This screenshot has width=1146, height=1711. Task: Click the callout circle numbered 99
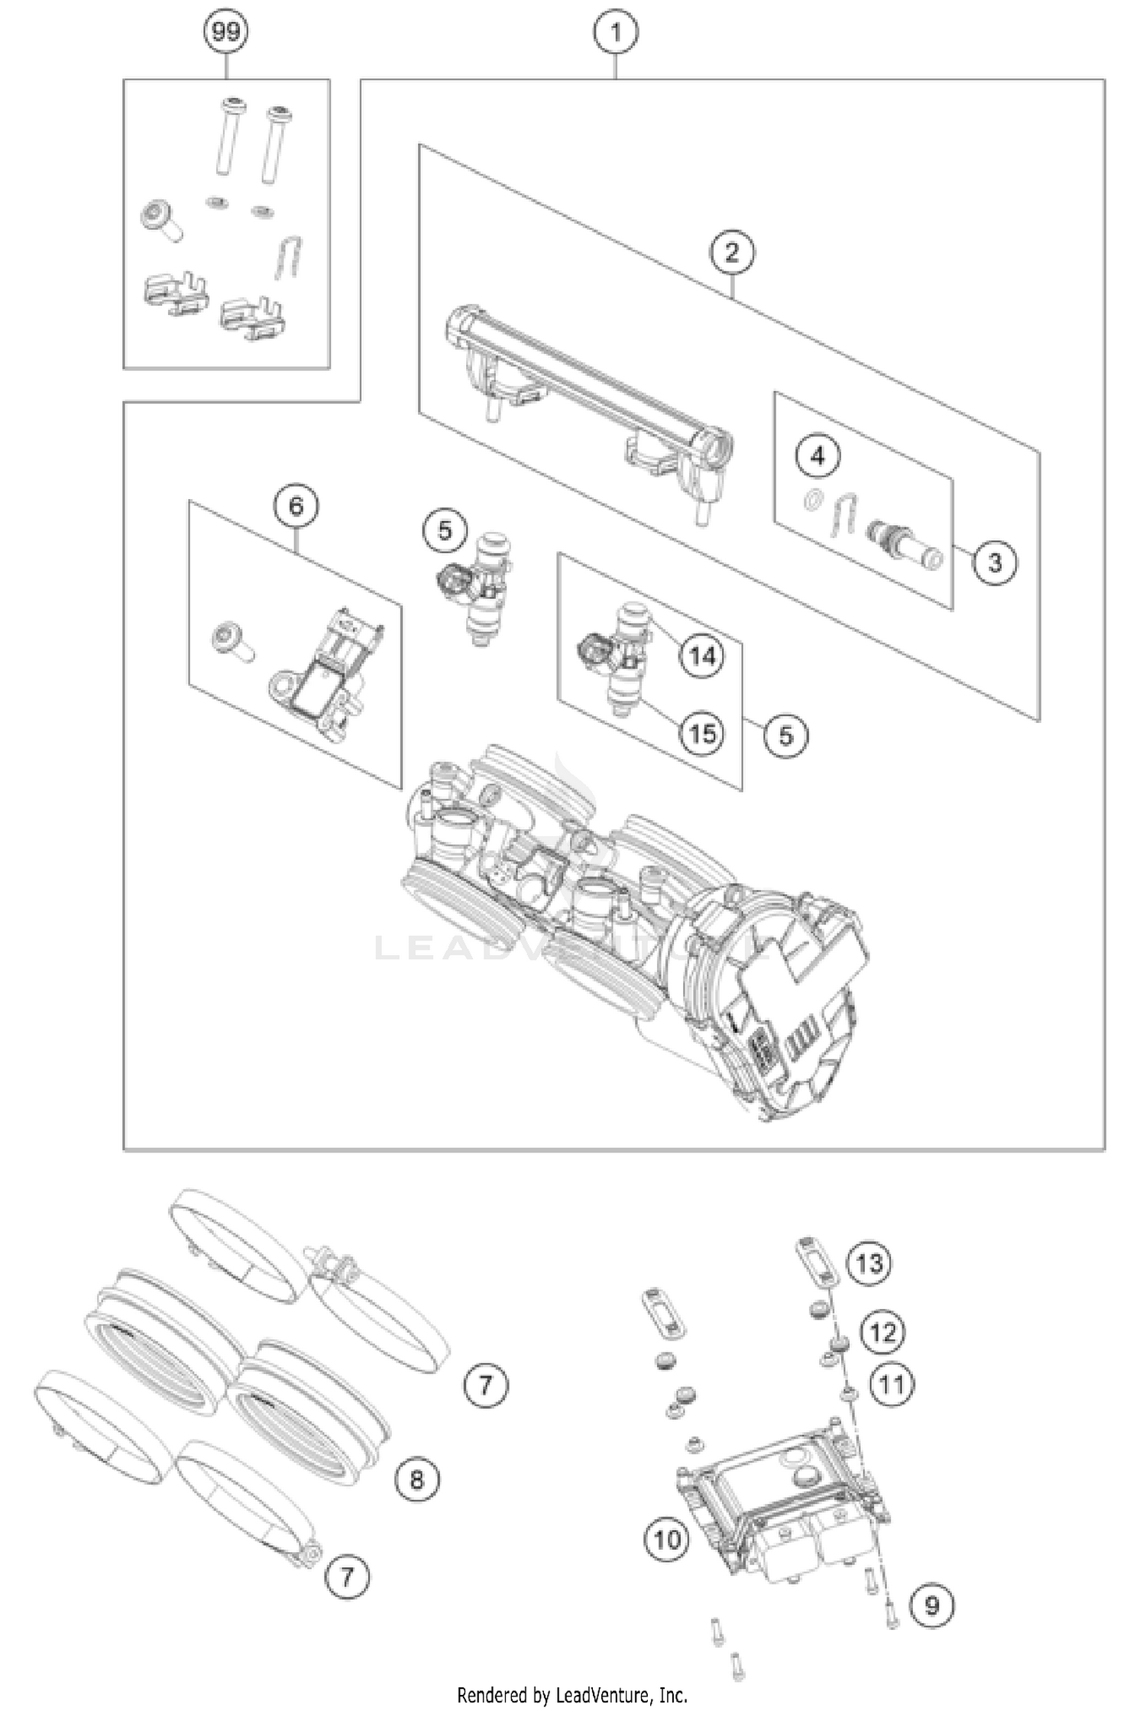pyautogui.click(x=226, y=32)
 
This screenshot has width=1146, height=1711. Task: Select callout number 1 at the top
pyautogui.click(x=615, y=32)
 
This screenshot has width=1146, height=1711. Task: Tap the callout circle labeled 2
pyautogui.click(x=732, y=251)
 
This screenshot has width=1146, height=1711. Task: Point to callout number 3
pyautogui.click(x=994, y=562)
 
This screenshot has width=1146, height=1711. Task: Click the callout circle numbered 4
pyautogui.click(x=817, y=456)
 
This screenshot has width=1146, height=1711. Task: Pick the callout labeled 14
pyautogui.click(x=702, y=656)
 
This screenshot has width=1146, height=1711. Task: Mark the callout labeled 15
pyautogui.click(x=702, y=734)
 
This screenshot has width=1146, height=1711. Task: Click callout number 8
pyautogui.click(x=416, y=1480)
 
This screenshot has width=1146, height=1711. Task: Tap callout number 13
pyautogui.click(x=869, y=1263)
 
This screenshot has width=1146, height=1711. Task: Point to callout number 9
pyautogui.click(x=932, y=1605)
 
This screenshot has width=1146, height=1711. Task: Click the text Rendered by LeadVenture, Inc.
pyautogui.click(x=572, y=1696)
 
